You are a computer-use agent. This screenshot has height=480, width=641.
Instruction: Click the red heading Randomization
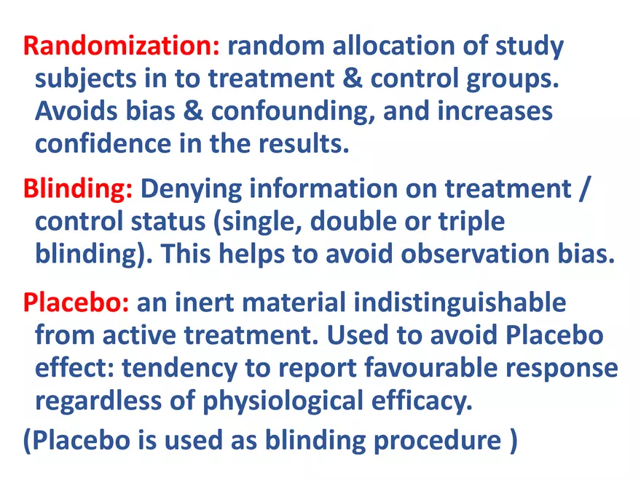[122, 45]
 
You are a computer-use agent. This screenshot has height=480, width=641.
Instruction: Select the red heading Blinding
[78, 188]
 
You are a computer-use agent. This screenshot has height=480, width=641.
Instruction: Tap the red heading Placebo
[76, 303]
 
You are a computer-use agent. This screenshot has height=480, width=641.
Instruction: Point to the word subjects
[85, 79]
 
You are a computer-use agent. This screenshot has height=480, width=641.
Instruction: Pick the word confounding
[294, 111]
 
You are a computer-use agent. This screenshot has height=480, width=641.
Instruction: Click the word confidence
[103, 144]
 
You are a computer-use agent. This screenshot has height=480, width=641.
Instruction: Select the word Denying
[192, 189]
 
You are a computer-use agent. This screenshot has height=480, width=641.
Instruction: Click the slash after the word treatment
[585, 189]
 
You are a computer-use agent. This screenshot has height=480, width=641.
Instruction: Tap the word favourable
[431, 368]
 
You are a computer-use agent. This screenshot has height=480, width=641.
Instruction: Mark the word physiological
[283, 401]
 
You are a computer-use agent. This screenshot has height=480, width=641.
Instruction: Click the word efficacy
[422, 401]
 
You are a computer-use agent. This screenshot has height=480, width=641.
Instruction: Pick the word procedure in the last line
[438, 441]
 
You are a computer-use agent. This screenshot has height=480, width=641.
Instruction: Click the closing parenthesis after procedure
[514, 441]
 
